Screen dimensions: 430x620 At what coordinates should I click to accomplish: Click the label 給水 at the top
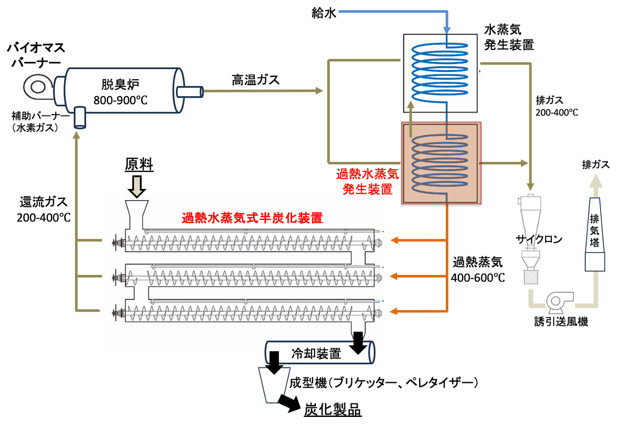coord(323,13)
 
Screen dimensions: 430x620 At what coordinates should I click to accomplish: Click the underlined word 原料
coord(139,165)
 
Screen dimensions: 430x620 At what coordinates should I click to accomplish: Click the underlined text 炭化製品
coord(332,410)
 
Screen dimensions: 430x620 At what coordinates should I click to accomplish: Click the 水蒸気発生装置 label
coord(509,38)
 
